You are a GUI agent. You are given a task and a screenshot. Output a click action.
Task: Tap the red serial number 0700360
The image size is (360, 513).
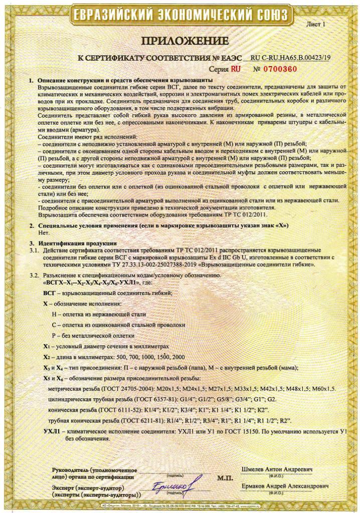[291, 69]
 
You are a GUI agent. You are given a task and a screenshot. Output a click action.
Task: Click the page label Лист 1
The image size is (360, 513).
[315, 24]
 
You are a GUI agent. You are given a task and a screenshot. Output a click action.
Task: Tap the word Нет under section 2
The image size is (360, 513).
[44, 232]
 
